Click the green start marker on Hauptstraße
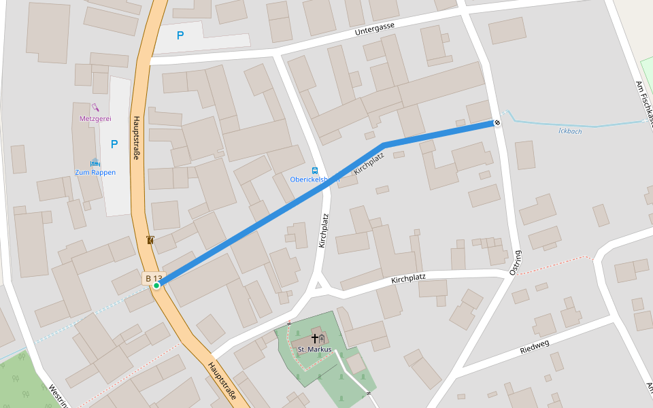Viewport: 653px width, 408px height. pyautogui.click(x=156, y=286)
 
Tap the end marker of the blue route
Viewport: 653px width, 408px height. pyautogui.click(x=497, y=123)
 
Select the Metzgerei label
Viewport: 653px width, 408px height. pyautogui.click(x=95, y=118)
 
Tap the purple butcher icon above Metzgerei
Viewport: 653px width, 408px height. pyautogui.click(x=95, y=107)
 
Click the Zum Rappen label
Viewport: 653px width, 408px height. pyautogui.click(x=95, y=172)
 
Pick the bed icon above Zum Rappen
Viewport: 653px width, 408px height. pyautogui.click(x=95, y=163)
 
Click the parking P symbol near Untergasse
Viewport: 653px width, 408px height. pyautogui.click(x=180, y=35)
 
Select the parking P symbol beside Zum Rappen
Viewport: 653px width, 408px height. pyautogui.click(x=114, y=144)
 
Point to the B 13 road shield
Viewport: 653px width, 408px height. pyautogui.click(x=153, y=278)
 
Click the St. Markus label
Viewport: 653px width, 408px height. pyautogui.click(x=314, y=350)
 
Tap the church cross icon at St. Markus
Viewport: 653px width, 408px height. pyautogui.click(x=315, y=338)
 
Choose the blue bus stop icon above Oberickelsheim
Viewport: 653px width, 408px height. pyautogui.click(x=314, y=170)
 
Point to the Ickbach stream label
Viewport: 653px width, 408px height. pyautogui.click(x=569, y=131)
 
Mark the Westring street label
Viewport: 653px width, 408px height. pyautogui.click(x=58, y=396)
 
